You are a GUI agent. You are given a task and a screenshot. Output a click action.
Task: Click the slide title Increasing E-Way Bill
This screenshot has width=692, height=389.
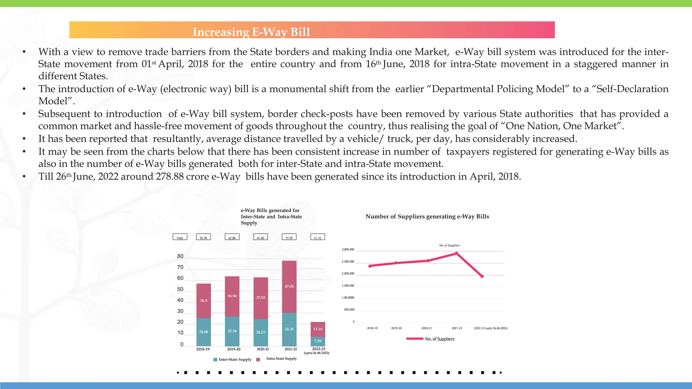tap(251, 32)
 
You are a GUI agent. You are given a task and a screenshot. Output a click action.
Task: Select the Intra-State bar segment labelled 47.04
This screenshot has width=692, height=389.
tap(289, 286)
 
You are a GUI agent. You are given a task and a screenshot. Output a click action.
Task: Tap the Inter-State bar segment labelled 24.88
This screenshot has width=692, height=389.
tap(203, 332)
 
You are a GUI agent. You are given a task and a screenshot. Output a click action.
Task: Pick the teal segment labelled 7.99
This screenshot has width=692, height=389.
tap(318, 341)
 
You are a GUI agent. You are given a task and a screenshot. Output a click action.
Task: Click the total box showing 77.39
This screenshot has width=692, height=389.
tap(289, 237)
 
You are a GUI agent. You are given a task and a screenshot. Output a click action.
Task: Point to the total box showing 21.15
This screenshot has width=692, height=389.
tap(318, 237)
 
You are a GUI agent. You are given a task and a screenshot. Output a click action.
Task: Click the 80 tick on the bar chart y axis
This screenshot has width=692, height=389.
tap(180, 256)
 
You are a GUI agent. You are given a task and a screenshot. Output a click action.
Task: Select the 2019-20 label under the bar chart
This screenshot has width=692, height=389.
tap(234, 349)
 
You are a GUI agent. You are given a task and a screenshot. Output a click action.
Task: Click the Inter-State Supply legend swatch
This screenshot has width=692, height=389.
tap(216, 360)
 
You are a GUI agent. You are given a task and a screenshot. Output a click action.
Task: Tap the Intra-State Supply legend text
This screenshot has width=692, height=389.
tap(281, 359)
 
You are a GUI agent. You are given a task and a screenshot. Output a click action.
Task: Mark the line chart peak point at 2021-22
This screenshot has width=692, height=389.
tap(456, 253)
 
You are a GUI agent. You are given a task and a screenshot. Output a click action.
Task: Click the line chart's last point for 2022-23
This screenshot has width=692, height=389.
tap(482, 277)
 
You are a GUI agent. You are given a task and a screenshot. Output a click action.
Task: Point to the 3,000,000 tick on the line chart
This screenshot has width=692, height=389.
tap(348, 250)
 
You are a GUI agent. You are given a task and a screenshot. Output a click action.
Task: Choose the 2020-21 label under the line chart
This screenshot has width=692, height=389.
tap(426, 328)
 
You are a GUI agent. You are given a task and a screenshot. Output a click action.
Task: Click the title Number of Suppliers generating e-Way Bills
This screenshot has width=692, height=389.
tap(427, 217)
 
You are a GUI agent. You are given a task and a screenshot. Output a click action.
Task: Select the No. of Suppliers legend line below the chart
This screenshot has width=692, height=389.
tap(415, 339)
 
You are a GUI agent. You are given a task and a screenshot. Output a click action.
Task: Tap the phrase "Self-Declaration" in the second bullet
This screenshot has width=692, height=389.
tap(632, 89)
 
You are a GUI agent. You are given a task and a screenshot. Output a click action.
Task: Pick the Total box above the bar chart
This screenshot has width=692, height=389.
tap(180, 237)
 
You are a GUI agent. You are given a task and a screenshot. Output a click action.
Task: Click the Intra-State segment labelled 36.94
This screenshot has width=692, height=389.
tap(232, 296)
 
